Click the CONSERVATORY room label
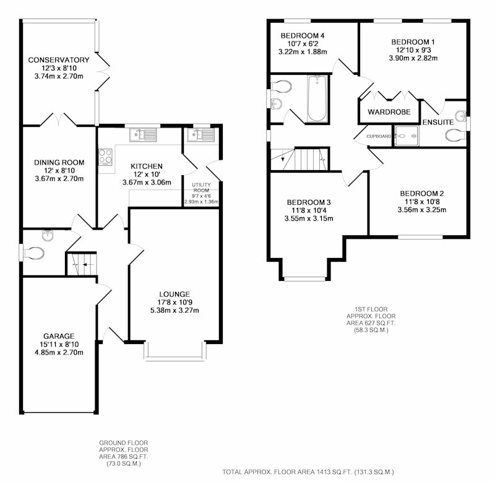tap(59, 60)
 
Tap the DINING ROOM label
tap(59, 163)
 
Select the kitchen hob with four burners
tap(105, 157)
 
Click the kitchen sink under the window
tap(143, 135)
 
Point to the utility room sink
tap(200, 135)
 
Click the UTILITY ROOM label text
tap(202, 187)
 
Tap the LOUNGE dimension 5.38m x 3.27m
tap(174, 310)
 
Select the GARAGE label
tap(59, 336)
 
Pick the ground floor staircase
tap(82, 264)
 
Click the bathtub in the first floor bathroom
tap(317, 98)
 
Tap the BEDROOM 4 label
tap(303, 36)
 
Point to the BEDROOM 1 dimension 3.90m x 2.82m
tap(413, 58)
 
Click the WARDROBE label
tap(389, 112)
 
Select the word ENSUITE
tap(438, 122)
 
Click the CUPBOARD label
tap(379, 136)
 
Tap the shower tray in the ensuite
tap(407, 136)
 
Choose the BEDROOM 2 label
tap(422, 194)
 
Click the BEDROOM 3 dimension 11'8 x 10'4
tap(309, 210)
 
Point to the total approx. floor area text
tap(308, 472)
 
